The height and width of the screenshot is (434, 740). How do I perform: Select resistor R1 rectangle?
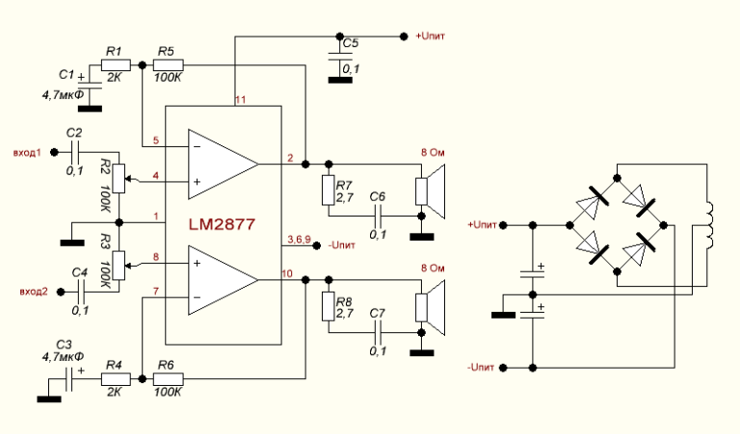[x=113, y=64]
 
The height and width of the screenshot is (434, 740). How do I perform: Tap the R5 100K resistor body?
[x=168, y=64]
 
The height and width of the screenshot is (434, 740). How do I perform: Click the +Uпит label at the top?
[x=431, y=37]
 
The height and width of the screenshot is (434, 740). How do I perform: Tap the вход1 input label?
[x=28, y=152]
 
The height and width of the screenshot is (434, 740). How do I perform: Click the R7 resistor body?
[x=329, y=191]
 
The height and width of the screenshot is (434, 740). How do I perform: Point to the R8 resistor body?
[x=329, y=307]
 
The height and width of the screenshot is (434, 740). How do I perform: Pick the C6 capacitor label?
[x=378, y=196]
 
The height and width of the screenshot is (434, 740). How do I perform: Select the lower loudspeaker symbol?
[x=432, y=305]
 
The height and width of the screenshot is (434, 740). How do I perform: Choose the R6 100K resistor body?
[x=168, y=380]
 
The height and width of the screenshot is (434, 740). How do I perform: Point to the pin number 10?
[x=287, y=274]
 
